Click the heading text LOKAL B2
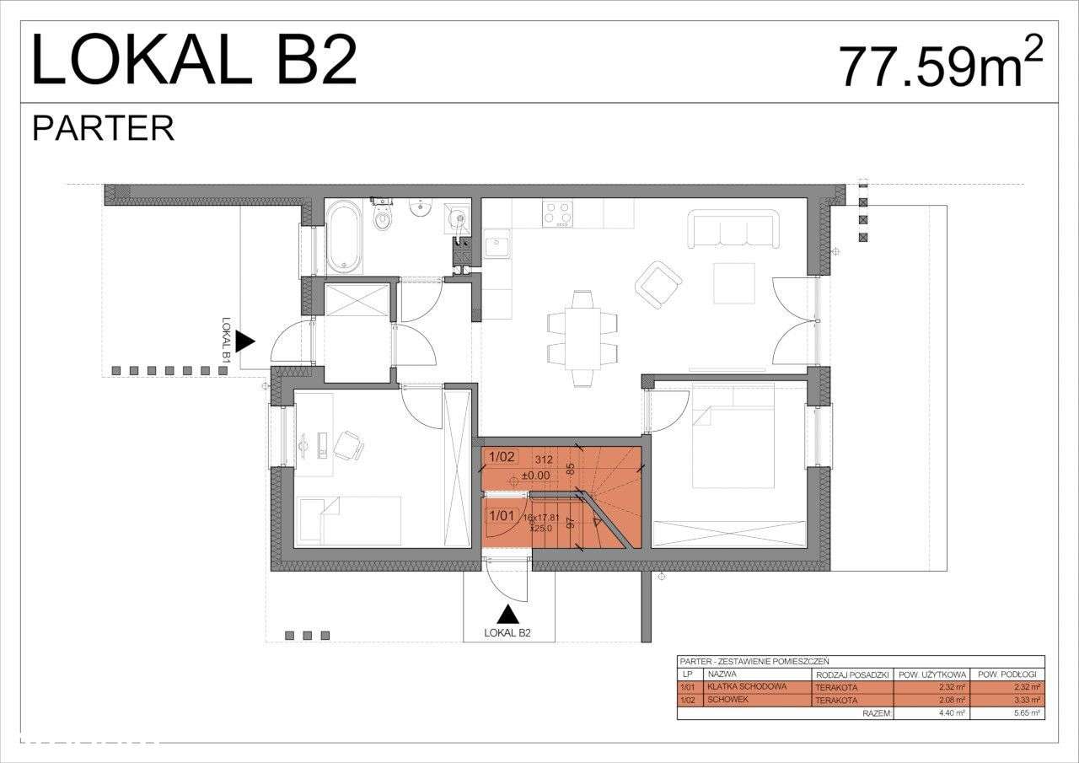coord(194,62)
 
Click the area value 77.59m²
coord(940,65)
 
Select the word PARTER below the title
coord(103,128)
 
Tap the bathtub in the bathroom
coord(343,237)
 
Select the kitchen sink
coord(497,246)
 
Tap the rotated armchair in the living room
coord(658,283)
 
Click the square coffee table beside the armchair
coord(733,283)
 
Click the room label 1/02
coord(501,457)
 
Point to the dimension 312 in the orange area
coord(544,459)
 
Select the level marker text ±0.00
coord(535,476)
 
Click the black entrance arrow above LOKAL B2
coord(507,615)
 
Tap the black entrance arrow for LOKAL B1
coord(244,341)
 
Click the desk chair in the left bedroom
coord(348,443)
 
